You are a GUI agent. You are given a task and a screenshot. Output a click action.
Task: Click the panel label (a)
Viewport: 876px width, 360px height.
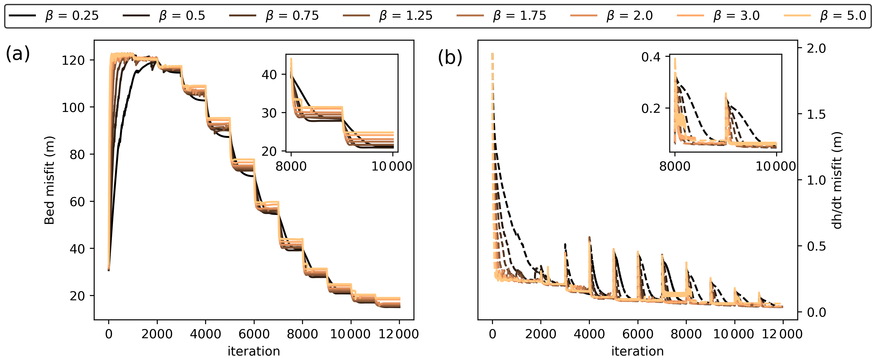tap(18, 54)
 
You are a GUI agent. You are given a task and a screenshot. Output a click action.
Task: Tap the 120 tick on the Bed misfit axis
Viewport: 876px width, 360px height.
tap(73, 61)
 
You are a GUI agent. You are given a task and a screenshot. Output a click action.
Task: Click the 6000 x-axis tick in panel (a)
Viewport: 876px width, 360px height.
tap(254, 334)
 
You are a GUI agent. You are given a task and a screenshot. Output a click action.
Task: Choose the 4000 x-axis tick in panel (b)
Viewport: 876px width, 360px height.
tap(589, 334)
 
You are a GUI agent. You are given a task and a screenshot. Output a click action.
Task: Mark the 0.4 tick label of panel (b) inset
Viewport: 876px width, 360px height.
tap(651, 57)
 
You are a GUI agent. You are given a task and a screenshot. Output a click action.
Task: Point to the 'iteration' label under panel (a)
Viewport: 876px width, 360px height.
tap(254, 351)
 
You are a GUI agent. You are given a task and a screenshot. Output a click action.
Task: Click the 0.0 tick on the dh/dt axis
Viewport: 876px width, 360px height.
tap(816, 312)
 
